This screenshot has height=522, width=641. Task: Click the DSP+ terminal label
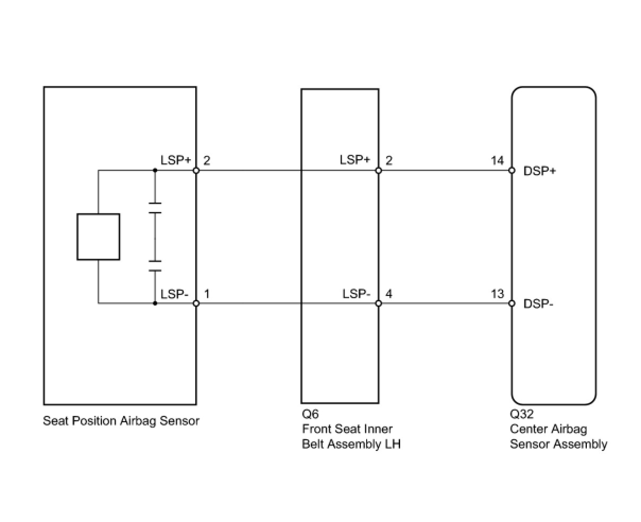pyautogui.click(x=539, y=171)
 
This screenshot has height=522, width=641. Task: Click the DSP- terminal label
pyautogui.click(x=538, y=304)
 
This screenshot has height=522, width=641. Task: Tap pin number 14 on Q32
pyautogui.click(x=497, y=160)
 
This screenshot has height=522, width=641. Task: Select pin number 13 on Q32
pyautogui.click(x=497, y=294)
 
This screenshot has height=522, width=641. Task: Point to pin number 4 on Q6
pyautogui.click(x=389, y=294)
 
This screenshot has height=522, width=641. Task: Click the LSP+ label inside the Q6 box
pyautogui.click(x=355, y=160)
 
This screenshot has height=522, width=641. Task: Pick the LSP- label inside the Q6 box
pyautogui.click(x=356, y=294)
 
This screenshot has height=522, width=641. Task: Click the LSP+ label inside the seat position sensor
pyautogui.click(x=176, y=160)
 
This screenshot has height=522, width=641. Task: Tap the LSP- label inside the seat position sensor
pyautogui.click(x=175, y=294)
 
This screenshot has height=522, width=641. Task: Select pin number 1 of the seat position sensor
pyautogui.click(x=206, y=294)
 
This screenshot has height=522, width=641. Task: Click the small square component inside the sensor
pyautogui.click(x=98, y=237)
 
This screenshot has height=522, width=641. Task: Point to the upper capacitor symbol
pyautogui.click(x=155, y=208)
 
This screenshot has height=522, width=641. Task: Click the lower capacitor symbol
pyautogui.click(x=155, y=266)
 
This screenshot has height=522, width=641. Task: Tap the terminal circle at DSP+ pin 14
pyautogui.click(x=512, y=171)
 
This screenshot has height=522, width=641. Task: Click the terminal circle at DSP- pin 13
pyautogui.click(x=512, y=303)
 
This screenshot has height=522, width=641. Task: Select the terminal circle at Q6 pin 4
pyautogui.click(x=378, y=303)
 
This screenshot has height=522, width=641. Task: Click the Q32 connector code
pyautogui.click(x=522, y=414)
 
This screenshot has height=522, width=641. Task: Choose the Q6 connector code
pyautogui.click(x=310, y=414)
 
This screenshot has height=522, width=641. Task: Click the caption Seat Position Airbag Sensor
pyautogui.click(x=121, y=421)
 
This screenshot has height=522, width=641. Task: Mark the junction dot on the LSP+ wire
pyautogui.click(x=155, y=171)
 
